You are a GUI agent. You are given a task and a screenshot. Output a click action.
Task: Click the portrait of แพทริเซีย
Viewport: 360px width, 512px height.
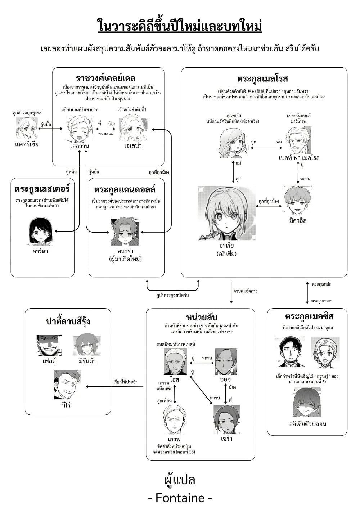point(27,128)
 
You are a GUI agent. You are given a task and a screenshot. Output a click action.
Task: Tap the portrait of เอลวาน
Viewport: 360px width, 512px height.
point(80,129)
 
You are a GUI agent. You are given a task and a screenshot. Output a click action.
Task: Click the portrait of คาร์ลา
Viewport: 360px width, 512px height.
point(40,231)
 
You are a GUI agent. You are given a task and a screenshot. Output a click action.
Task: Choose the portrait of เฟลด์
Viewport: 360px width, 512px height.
point(49,345)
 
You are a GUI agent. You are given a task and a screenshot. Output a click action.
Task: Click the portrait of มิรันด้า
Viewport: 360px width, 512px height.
point(87,345)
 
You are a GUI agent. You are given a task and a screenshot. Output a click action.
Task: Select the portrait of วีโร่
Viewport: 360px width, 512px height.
point(67,385)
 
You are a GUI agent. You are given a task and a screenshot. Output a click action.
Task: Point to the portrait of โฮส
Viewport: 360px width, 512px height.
point(175,361)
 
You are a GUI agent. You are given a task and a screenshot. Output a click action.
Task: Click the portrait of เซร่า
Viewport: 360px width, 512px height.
point(226,419)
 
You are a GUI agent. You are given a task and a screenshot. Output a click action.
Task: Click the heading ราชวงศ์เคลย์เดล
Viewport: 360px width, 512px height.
point(105,78)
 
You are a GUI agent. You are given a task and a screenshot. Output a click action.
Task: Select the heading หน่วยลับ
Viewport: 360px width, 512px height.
point(202,317)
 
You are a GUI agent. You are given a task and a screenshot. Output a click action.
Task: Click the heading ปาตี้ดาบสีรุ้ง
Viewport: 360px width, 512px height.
point(68,321)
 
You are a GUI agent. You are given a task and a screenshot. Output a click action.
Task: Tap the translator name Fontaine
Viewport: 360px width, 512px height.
point(180,498)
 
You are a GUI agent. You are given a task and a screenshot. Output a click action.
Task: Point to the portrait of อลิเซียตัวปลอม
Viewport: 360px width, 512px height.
point(307,402)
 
